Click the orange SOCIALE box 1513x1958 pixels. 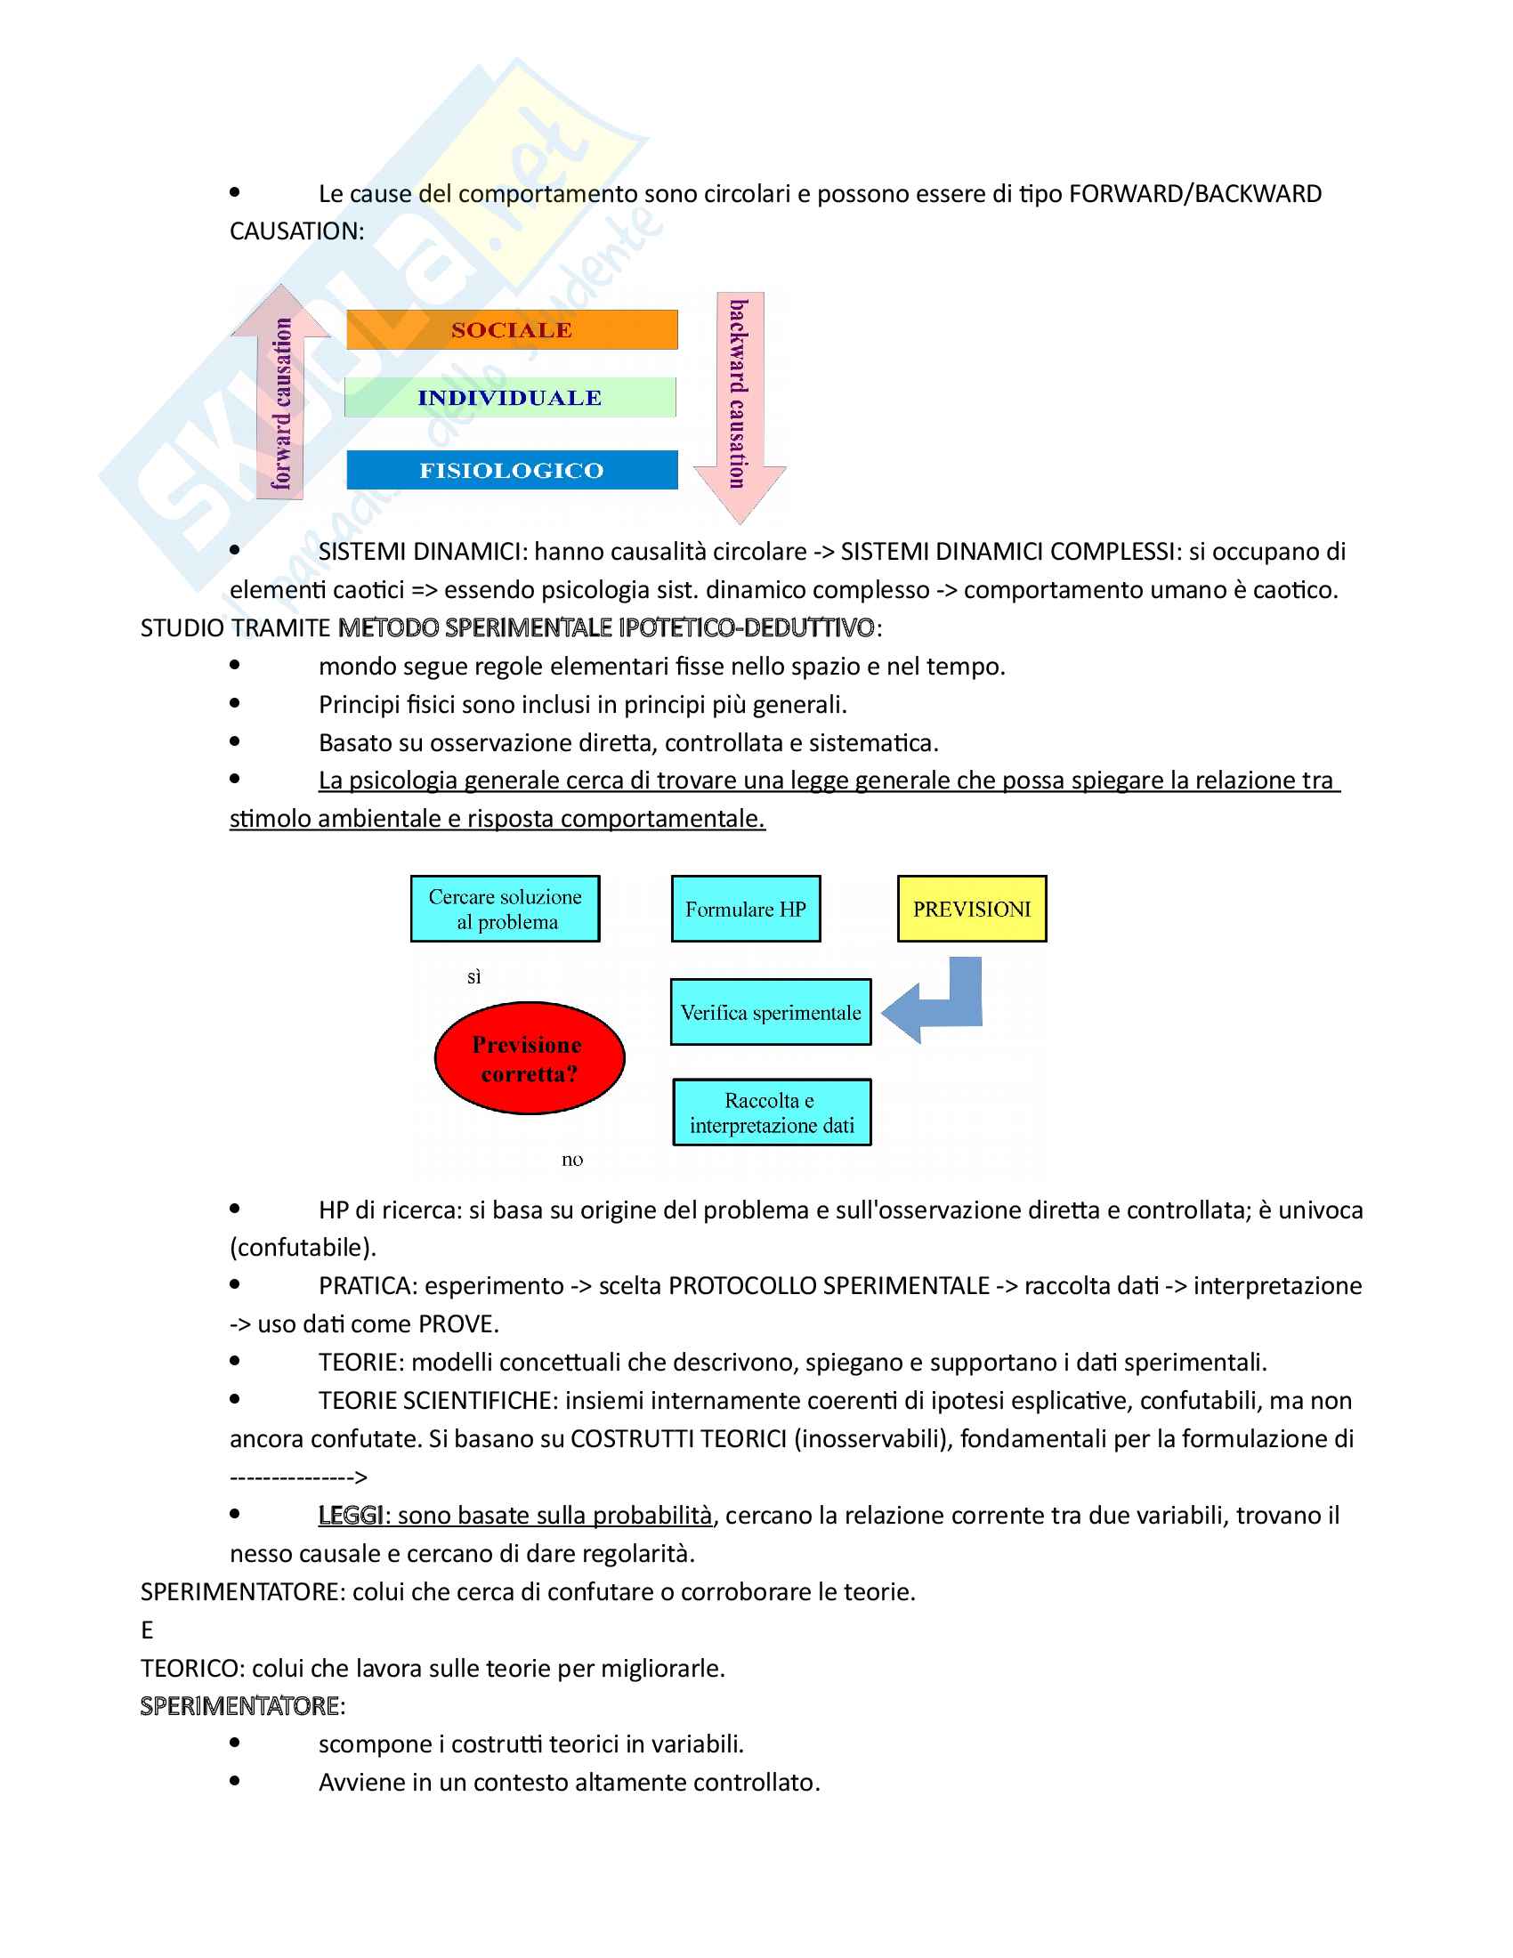point(512,330)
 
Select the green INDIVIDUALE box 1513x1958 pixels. point(510,397)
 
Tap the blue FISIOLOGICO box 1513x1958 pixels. point(512,470)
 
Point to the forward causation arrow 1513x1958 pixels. point(281,394)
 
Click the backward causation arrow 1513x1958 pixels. point(740,403)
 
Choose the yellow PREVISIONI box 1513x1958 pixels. point(972,909)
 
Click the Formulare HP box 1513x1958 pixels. point(746,909)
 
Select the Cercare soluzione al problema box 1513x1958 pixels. point(506,909)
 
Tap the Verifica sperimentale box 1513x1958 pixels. point(771,1012)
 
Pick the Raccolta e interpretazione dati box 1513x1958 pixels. point(772,1112)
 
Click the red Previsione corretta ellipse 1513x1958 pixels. point(529,1059)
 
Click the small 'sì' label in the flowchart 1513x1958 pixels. point(474,977)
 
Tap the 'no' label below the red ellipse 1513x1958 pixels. point(572,1160)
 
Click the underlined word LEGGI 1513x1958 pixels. point(351,1515)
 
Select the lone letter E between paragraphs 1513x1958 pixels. point(147,1630)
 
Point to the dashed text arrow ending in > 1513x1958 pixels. point(298,1477)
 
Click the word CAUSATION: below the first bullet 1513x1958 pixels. point(296,231)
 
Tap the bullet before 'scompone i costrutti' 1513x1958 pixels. point(235,1743)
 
